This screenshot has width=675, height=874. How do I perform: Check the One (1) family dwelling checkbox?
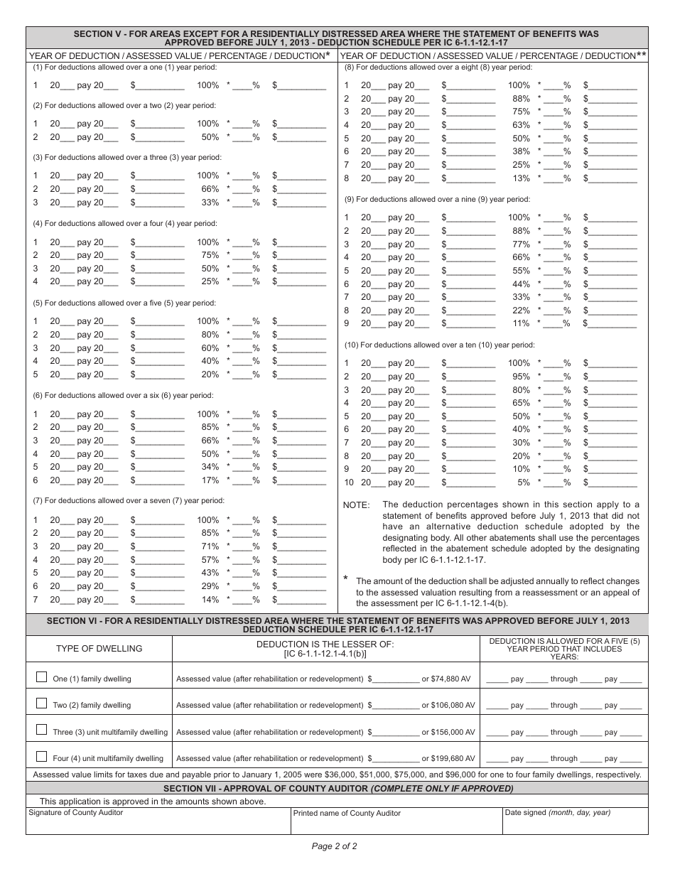click(x=41, y=677)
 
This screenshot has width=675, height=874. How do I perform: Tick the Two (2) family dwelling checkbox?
click(x=41, y=703)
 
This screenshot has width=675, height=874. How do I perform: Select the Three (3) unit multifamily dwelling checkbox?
click(x=41, y=730)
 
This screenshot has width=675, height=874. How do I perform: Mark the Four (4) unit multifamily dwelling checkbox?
click(x=41, y=756)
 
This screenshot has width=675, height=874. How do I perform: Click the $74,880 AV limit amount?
click(x=451, y=679)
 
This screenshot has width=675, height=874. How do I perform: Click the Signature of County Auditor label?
click(x=75, y=813)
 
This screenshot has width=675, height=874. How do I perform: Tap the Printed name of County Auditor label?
click(x=347, y=813)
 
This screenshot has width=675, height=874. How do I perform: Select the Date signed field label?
click(x=557, y=813)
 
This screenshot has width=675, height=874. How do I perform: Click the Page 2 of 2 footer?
click(x=334, y=846)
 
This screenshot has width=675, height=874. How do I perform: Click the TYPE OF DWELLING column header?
click(x=99, y=648)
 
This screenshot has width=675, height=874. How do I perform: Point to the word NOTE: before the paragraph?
click(x=356, y=505)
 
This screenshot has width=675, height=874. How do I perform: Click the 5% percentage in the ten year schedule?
click(x=523, y=482)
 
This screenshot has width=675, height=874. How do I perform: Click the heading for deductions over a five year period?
click(x=124, y=303)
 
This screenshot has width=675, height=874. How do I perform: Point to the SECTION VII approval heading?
click(x=337, y=789)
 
